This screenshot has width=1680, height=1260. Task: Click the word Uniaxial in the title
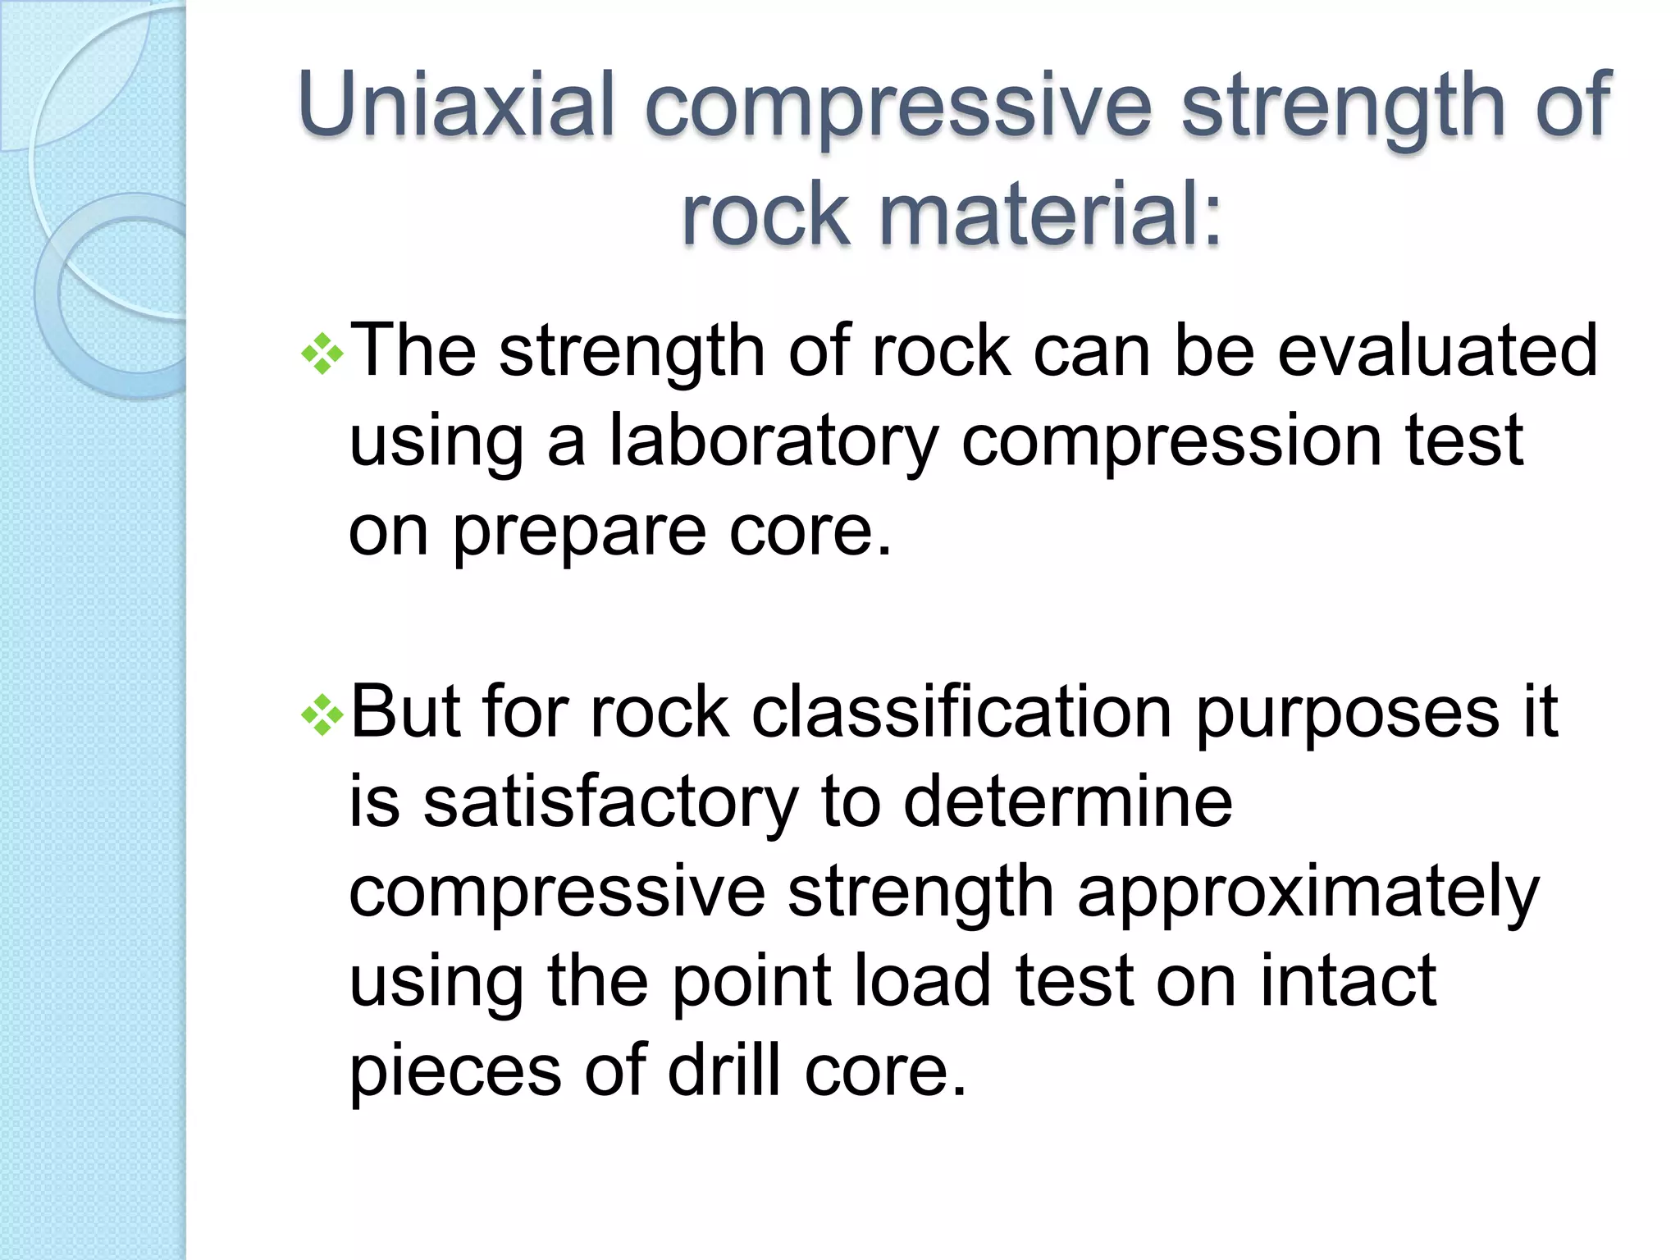tap(456, 105)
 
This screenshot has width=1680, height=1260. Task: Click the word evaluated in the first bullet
tap(1436, 351)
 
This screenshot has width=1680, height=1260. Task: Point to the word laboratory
tap(772, 443)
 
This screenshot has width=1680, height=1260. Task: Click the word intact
tap(1348, 981)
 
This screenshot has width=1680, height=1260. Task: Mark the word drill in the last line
tap(724, 1071)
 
